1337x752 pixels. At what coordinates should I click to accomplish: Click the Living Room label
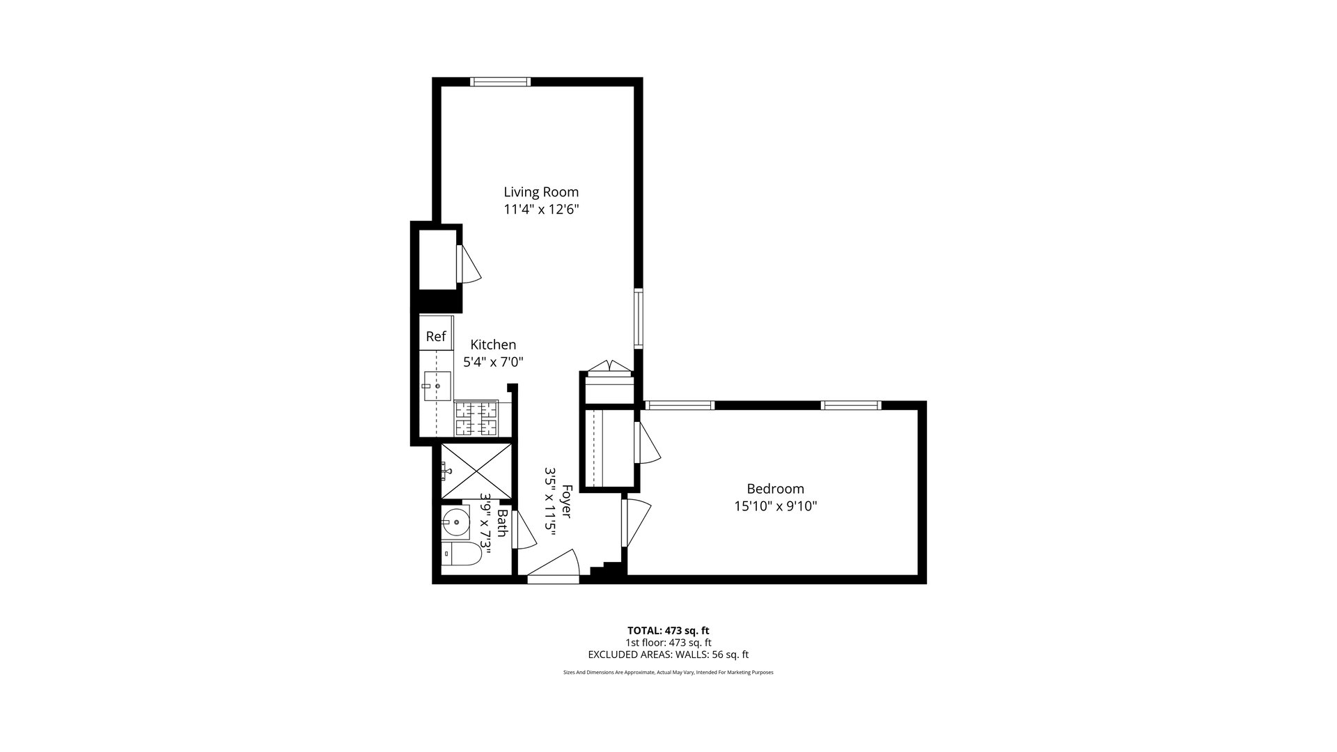(x=541, y=191)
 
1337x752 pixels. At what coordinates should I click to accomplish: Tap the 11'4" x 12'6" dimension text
(x=541, y=209)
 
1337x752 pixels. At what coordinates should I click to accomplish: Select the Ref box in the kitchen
(x=436, y=336)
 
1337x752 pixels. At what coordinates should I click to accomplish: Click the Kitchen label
(x=493, y=345)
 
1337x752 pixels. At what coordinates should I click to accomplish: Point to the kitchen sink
(x=437, y=386)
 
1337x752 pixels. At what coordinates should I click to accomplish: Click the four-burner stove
(x=476, y=418)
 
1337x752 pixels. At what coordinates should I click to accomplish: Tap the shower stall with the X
(x=476, y=471)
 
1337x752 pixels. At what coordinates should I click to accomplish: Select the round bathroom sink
(x=455, y=521)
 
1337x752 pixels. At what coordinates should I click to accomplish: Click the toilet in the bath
(x=463, y=554)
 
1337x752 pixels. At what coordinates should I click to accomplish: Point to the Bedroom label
(x=775, y=489)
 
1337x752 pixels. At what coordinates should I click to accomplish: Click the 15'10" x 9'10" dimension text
(x=775, y=506)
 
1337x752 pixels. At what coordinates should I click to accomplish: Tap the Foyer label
(x=566, y=501)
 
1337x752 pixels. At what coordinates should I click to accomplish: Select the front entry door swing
(x=554, y=565)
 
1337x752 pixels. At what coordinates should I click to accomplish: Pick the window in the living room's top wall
(x=500, y=82)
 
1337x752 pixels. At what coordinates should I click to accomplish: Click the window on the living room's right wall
(x=638, y=318)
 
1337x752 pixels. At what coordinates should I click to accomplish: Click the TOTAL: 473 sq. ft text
(x=668, y=631)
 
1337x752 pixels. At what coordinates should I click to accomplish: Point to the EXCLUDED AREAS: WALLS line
(x=668, y=655)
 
